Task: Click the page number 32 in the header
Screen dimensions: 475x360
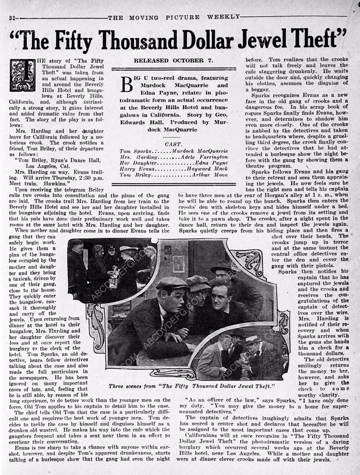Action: [12, 18]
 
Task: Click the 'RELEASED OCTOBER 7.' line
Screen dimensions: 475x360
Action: [169, 61]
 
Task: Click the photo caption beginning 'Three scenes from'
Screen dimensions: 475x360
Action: [192, 386]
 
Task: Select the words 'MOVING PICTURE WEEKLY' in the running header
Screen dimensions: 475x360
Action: [174, 18]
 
